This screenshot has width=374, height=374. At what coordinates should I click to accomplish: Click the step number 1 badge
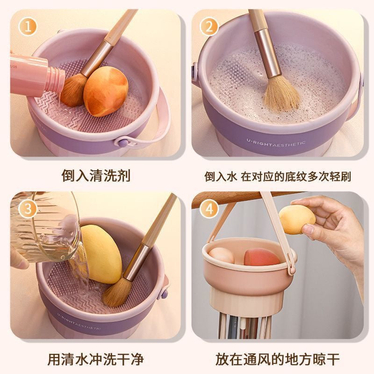point(28,27)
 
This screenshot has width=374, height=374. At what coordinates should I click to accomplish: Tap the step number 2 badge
point(209,27)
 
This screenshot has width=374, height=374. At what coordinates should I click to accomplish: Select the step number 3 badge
point(28,209)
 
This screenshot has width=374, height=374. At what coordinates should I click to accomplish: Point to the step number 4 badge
point(209,209)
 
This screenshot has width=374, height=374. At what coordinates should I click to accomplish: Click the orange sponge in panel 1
point(106,91)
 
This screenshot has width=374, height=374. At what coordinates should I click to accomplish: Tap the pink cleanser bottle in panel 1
point(36,75)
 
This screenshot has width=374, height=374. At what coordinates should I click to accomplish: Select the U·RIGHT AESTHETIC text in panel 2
point(276,144)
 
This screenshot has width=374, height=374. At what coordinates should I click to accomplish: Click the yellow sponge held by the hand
point(297,219)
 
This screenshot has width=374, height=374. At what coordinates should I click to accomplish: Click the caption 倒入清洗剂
point(96,176)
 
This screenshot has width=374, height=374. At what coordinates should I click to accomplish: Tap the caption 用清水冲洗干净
point(96,359)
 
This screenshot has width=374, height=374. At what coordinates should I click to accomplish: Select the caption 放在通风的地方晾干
point(278,359)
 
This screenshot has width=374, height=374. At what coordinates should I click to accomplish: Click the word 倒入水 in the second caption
point(220,177)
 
